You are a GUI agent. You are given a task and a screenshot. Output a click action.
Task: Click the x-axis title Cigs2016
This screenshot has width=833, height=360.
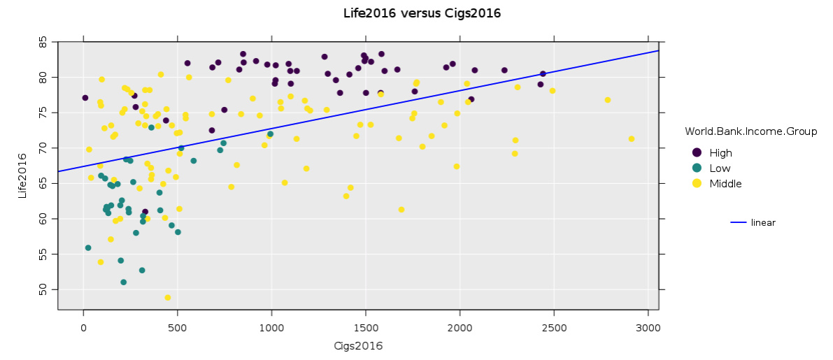358,346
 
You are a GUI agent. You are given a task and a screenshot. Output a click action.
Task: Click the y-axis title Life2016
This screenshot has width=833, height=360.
22,176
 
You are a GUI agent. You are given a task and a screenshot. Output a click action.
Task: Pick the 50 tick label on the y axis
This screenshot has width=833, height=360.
44,289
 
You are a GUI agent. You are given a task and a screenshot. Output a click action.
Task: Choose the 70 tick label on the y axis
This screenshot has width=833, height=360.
44,148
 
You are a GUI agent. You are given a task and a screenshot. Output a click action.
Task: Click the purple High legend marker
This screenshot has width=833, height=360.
697,152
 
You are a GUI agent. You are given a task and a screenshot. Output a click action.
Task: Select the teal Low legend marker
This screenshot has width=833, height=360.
697,168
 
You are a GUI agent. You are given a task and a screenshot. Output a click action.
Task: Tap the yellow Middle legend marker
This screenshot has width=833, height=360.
697,184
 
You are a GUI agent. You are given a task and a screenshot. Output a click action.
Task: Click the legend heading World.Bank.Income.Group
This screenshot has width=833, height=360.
750,131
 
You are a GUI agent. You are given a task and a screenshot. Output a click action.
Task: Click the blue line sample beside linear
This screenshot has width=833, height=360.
739,223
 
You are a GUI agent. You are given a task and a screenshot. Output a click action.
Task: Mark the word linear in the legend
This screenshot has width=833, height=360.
763,223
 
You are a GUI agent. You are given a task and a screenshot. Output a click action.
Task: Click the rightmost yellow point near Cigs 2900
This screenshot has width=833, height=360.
632,139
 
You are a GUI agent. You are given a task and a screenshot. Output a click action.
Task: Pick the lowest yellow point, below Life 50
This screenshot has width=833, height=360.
168,298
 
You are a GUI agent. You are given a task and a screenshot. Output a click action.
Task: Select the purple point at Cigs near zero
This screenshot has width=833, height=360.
85,98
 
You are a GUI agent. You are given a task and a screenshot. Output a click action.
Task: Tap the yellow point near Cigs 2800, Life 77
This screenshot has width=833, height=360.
608,100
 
